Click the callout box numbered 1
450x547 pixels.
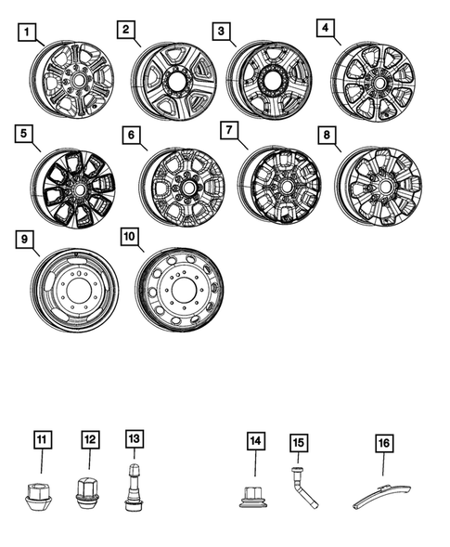29,34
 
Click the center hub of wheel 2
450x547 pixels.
177,82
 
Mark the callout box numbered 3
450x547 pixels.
221,33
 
